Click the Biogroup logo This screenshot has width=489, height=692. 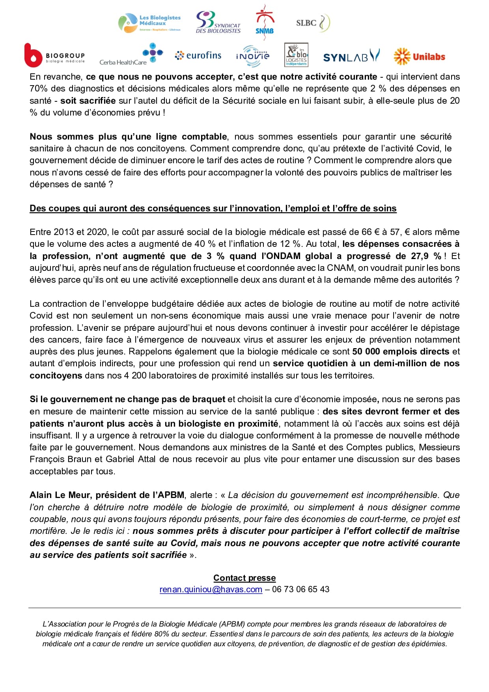coord(54,56)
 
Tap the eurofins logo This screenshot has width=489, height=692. coord(198,56)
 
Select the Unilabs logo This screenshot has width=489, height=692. coord(419,56)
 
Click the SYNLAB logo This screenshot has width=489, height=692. coord(351,56)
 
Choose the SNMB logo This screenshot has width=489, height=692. coord(265,22)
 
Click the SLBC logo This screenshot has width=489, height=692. coord(312,22)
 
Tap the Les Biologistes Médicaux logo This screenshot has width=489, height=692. coord(149,23)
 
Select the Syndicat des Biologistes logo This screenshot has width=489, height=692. coord(218,22)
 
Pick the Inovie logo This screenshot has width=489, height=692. coord(253,56)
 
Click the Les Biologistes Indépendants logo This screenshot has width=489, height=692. coord(296,55)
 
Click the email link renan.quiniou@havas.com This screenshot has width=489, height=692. coord(211,589)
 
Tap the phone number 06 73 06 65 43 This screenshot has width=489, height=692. coord(300,589)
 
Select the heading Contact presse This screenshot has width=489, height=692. coord(244,578)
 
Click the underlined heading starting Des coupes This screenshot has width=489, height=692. coord(213,208)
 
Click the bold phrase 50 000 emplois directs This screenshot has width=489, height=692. coord(401,351)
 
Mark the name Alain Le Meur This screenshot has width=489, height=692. coord(60,495)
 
